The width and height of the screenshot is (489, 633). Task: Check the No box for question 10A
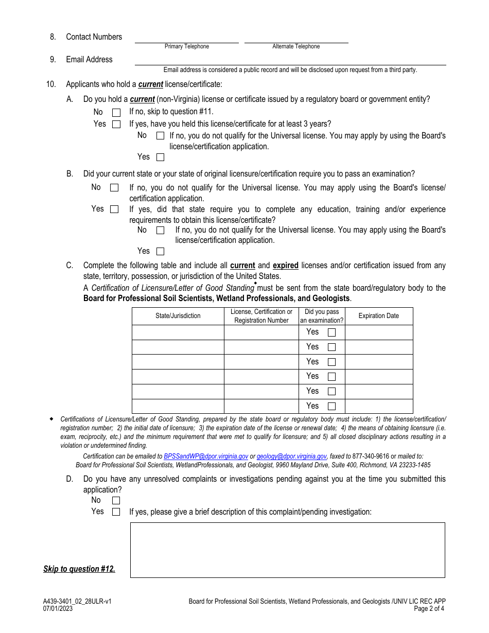[116, 112]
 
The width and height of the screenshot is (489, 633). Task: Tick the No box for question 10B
[114, 188]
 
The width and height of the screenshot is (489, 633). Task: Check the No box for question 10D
[116, 500]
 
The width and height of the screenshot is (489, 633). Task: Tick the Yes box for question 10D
[116, 512]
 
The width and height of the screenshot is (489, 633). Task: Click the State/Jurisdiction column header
[178, 316]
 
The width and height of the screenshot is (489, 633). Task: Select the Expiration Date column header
[378, 316]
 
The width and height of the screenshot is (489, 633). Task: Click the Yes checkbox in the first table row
[331, 332]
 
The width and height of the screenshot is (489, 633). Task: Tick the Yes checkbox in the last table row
[331, 406]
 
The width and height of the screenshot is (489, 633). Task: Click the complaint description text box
[287, 550]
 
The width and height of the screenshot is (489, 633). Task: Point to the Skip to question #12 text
[79, 569]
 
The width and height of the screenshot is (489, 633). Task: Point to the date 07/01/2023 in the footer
[58, 608]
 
